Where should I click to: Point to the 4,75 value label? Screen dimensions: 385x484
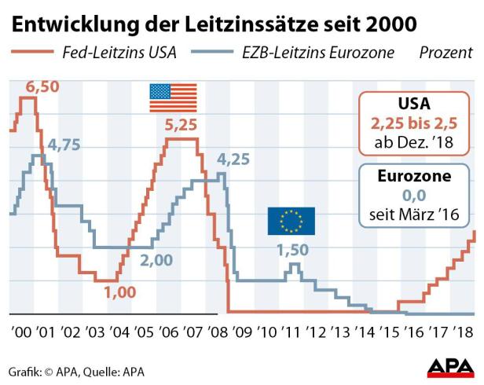pos(64,145)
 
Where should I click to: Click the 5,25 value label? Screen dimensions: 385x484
pos(181,123)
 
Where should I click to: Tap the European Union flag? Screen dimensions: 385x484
pos(291,221)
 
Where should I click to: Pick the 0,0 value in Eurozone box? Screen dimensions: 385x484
pos(413,196)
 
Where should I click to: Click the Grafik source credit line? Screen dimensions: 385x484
pos(77,371)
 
